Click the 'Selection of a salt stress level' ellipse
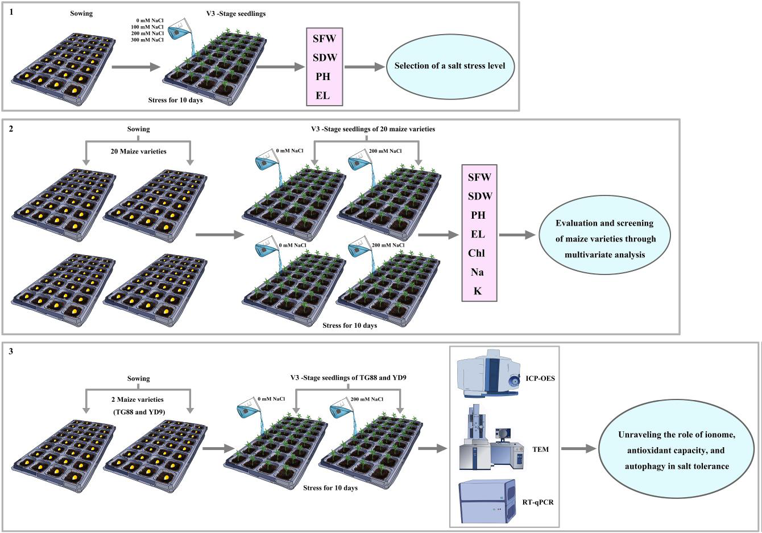point(449,66)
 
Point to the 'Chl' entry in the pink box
point(477,253)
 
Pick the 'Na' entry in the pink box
point(477,273)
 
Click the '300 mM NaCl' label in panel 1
point(147,40)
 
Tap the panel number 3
point(11,351)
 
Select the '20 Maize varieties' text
point(138,151)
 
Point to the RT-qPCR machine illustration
point(488,501)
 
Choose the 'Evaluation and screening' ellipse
point(605,239)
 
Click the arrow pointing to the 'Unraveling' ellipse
point(579,449)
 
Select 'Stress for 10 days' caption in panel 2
point(349,326)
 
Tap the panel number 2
point(11,128)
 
